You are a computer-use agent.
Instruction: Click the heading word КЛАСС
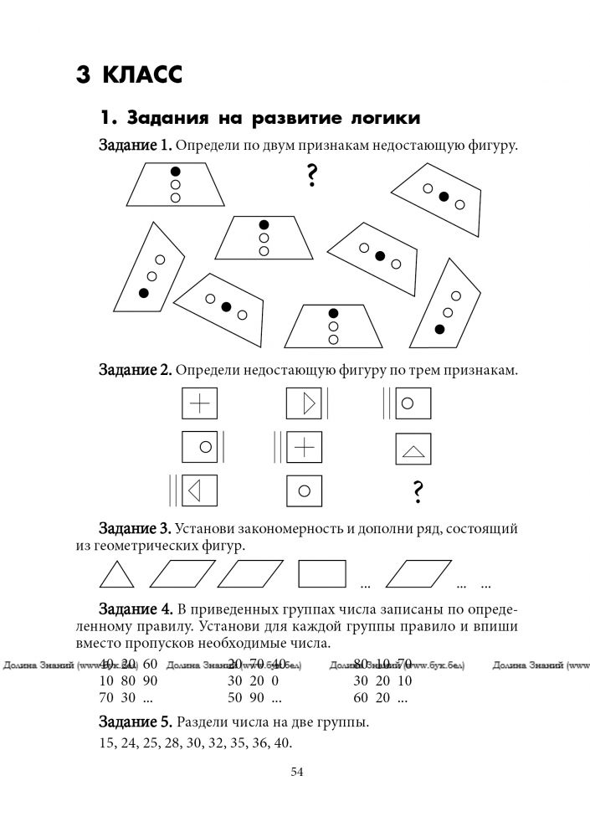click(141, 74)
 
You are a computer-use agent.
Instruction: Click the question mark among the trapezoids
click(311, 175)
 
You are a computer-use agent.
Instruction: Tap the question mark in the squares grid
click(416, 494)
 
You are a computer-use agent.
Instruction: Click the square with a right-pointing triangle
click(305, 404)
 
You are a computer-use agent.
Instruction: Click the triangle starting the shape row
click(117, 577)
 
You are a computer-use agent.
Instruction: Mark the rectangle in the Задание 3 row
click(322, 576)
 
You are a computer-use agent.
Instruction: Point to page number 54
click(296, 772)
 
